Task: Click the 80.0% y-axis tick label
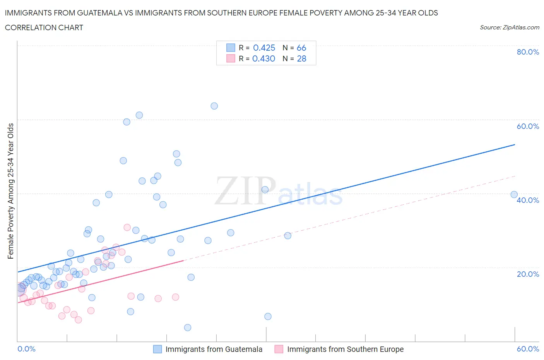tap(528, 52)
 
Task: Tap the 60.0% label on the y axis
tap(528, 126)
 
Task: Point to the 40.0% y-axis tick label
tap(528, 200)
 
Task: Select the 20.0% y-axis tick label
tap(528, 274)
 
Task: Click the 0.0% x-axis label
tap(26, 349)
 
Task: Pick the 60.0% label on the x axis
tap(528, 349)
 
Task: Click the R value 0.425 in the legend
tap(264, 48)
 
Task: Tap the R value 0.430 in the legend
tap(263, 58)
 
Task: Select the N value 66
tap(301, 48)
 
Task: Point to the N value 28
tap(301, 58)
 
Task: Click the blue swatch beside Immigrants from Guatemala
tap(157, 349)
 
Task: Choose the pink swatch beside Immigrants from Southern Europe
tap(279, 349)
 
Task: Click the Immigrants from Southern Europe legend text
tap(345, 349)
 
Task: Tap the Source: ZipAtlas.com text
tap(509, 27)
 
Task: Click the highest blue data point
tap(214, 106)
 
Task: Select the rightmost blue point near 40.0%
tap(514, 195)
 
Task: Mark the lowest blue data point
tap(188, 327)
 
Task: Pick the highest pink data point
tap(127, 227)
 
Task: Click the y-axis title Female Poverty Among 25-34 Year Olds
tap(11, 191)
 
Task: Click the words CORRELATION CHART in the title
tap(44, 27)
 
